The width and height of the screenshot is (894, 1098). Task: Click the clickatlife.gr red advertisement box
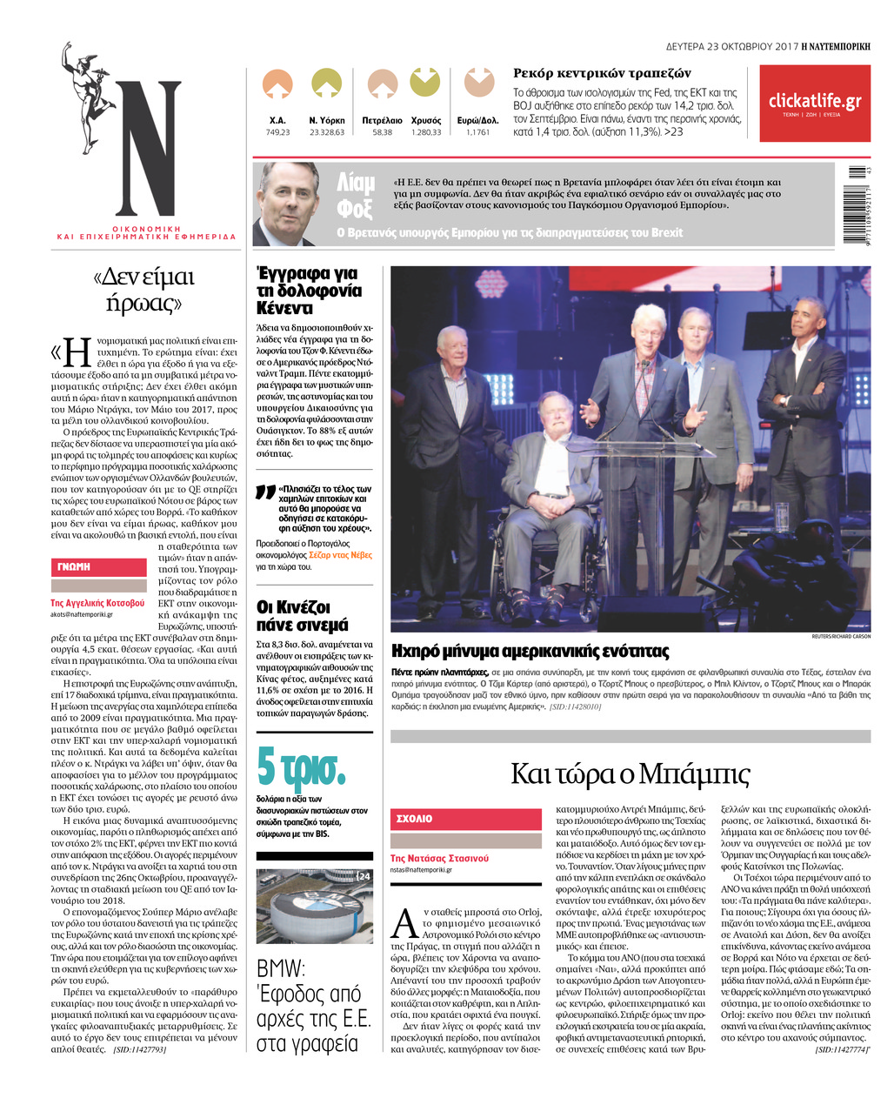(x=814, y=104)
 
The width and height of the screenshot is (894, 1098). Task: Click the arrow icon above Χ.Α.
(x=277, y=84)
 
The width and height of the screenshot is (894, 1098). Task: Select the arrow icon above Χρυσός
(x=425, y=83)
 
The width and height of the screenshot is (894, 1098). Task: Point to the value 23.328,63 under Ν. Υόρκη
(x=327, y=132)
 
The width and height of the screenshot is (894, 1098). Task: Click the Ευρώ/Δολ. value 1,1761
(x=477, y=132)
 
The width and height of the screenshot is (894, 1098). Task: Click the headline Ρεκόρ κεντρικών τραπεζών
(x=602, y=73)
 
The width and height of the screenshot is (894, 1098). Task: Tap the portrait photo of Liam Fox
(x=286, y=204)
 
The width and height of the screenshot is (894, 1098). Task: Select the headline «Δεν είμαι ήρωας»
(x=143, y=290)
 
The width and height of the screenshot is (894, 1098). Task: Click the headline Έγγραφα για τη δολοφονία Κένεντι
(x=310, y=291)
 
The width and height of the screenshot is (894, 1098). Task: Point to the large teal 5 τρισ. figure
(x=301, y=766)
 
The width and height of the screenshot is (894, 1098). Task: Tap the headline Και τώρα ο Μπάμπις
(x=630, y=773)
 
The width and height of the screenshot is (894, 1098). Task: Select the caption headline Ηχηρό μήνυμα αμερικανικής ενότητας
(x=530, y=651)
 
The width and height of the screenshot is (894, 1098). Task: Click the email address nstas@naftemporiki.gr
(x=422, y=869)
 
